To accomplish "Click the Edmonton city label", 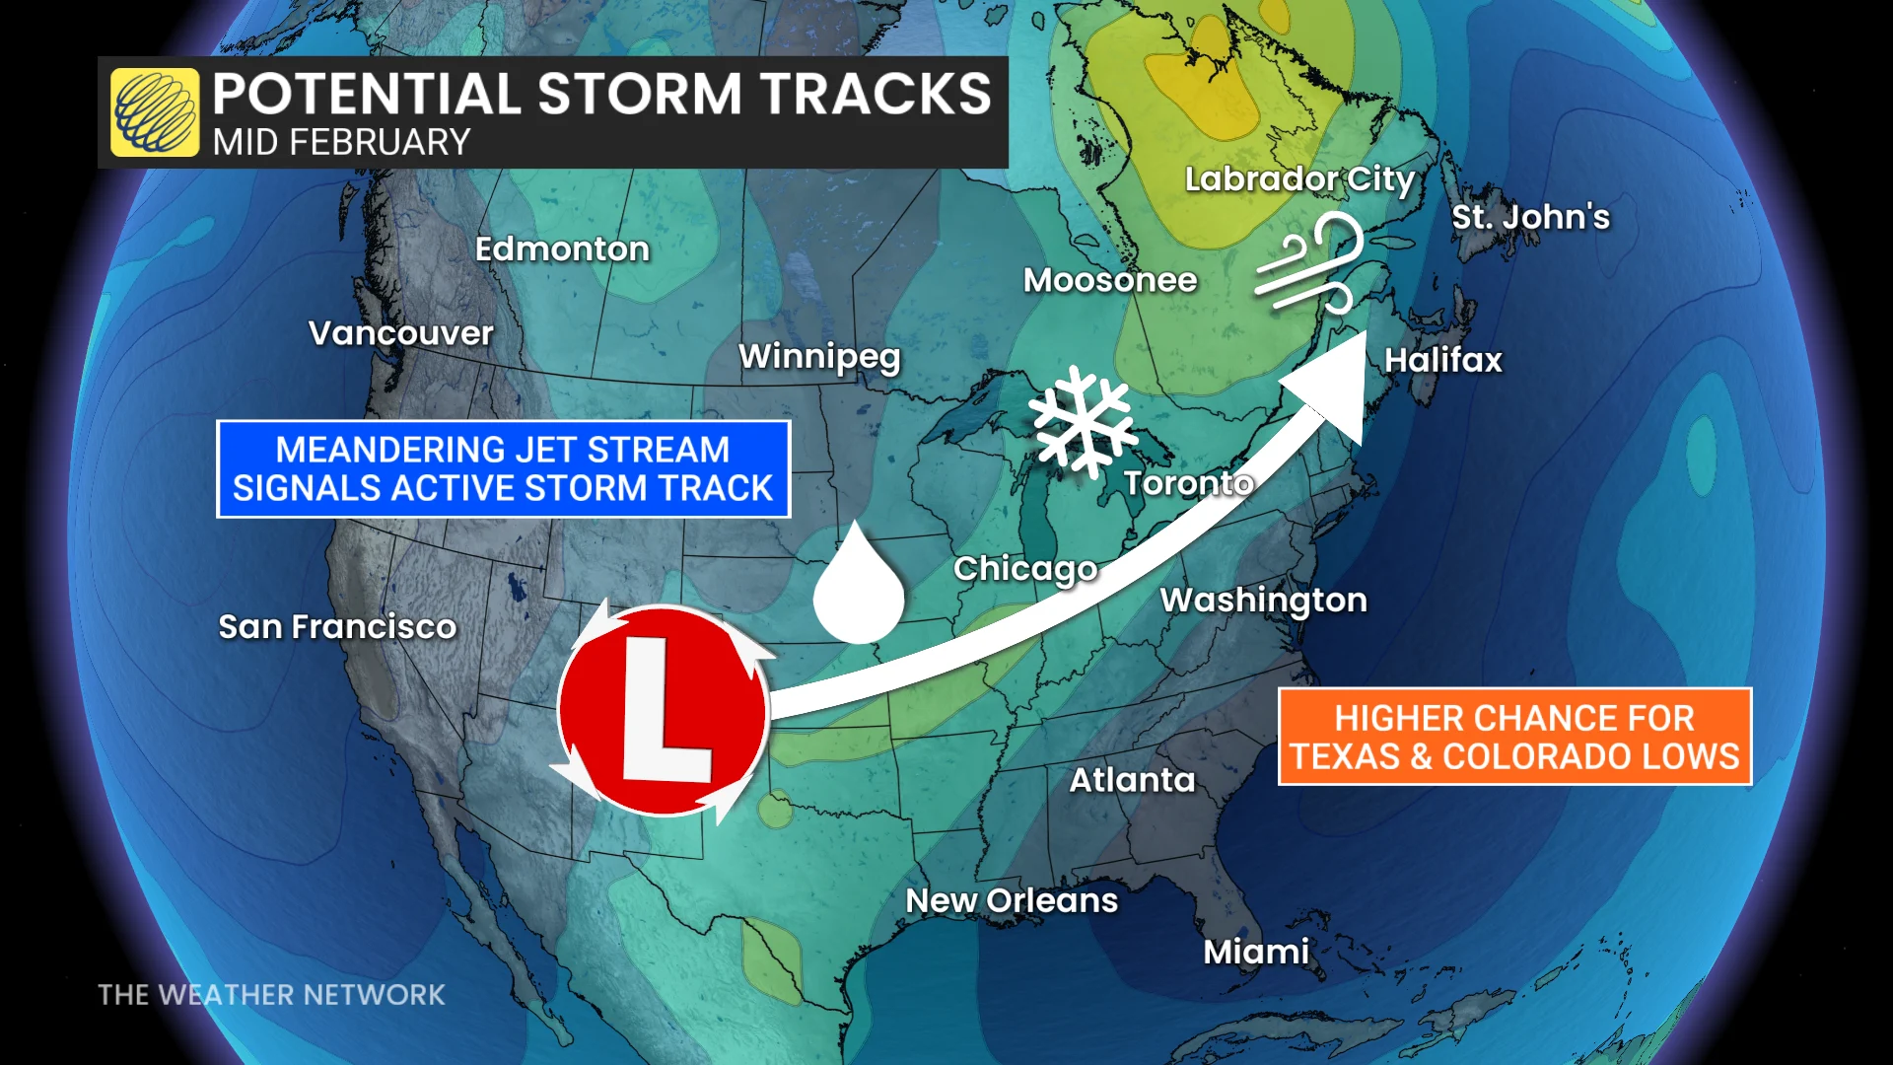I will pyautogui.click(x=562, y=249).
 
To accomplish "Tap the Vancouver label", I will pyautogui.click(x=400, y=333).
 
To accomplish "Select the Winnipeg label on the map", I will pyautogui.click(x=819, y=356).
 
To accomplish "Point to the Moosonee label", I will pyautogui.click(x=1110, y=280).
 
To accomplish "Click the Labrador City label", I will pyautogui.click(x=1299, y=179).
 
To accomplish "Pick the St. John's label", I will pyautogui.click(x=1530, y=217).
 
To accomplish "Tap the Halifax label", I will pyautogui.click(x=1443, y=360).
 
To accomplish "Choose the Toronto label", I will pyautogui.click(x=1188, y=483).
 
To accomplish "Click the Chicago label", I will pyautogui.click(x=1025, y=569).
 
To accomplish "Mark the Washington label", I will pyautogui.click(x=1263, y=600).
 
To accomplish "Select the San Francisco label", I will pyautogui.click(x=337, y=626).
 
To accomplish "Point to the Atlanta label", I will pyautogui.click(x=1132, y=780).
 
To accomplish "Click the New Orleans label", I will pyautogui.click(x=1012, y=900).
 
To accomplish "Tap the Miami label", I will pyautogui.click(x=1256, y=952).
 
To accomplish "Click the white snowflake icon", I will pyautogui.click(x=1083, y=421).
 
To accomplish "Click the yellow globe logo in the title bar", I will pyautogui.click(x=155, y=112).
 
